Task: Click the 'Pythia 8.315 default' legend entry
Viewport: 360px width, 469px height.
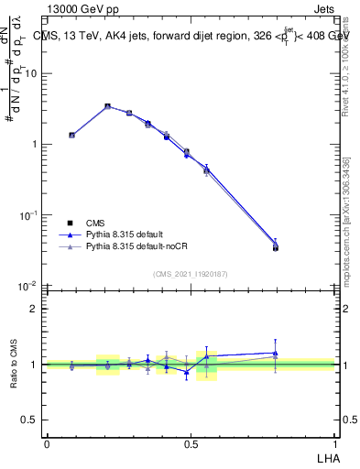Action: tap(119, 234)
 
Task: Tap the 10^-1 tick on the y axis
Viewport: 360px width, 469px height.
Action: tap(29, 215)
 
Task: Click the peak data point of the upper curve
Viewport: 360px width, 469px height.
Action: tap(107, 106)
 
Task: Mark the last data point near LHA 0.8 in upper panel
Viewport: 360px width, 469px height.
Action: tap(276, 246)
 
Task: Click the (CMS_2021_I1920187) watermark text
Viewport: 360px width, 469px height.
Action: tap(190, 273)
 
